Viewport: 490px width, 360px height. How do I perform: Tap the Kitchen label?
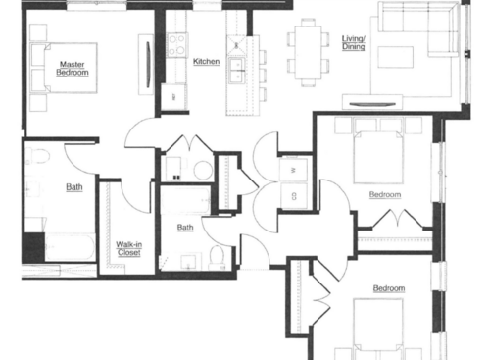click(x=206, y=62)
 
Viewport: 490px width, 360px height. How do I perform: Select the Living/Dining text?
click(x=353, y=43)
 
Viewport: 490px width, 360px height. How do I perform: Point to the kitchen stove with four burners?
click(x=177, y=43)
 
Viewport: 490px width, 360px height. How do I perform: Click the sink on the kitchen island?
click(x=236, y=68)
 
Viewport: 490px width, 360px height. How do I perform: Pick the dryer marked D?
click(x=294, y=195)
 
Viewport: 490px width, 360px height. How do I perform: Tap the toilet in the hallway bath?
click(x=219, y=258)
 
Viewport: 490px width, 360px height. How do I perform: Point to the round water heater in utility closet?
click(x=202, y=170)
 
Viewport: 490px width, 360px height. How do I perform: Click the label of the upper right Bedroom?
click(x=384, y=194)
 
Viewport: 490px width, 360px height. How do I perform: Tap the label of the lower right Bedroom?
click(x=389, y=288)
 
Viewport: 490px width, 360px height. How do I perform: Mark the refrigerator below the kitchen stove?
click(x=173, y=95)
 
